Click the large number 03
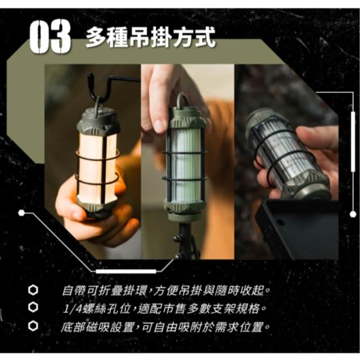[50, 36]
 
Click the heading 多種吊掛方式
[151, 37]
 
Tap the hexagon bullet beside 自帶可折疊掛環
[33, 290]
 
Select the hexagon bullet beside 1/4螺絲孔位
[33, 308]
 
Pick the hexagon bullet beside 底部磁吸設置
[33, 326]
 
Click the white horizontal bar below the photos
[126, 271]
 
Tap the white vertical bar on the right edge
[353, 142]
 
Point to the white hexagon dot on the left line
[21, 213]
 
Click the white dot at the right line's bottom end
[353, 214]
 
